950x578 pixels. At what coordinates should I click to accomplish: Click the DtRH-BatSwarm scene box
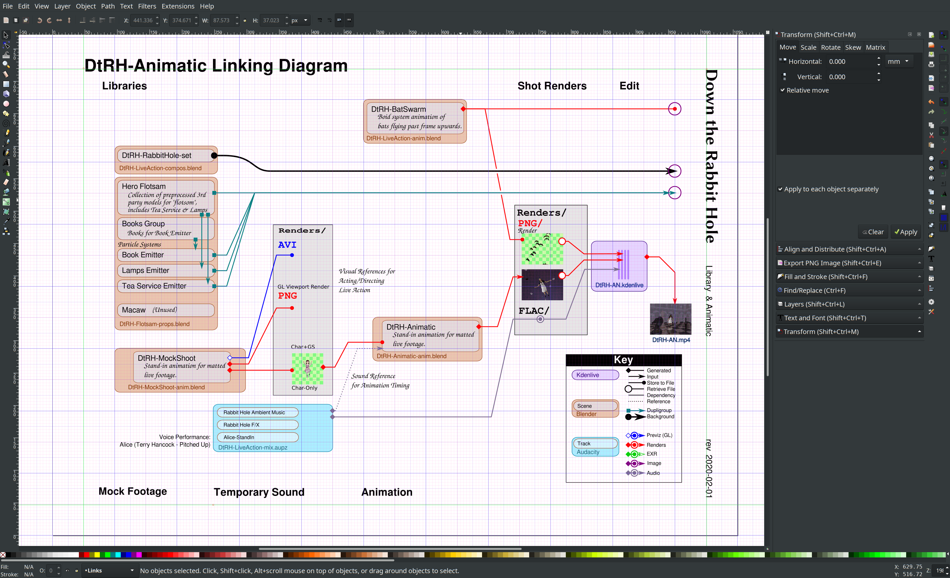[x=415, y=117]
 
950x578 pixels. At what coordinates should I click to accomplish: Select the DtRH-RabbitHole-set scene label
[x=156, y=155]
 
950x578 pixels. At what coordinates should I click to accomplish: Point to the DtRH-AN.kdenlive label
[x=619, y=285]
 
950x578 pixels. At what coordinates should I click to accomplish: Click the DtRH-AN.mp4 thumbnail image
[x=671, y=319]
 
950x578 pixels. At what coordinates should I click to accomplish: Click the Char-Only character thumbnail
[x=307, y=368]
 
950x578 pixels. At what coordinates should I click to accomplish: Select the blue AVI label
[x=287, y=245]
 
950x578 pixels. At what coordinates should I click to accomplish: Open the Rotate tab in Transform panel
[x=831, y=47]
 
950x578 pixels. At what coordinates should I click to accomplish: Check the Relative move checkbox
[x=783, y=90]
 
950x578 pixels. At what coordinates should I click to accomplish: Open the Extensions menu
[x=178, y=6]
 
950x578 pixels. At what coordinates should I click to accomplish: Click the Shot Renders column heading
[x=552, y=86]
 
